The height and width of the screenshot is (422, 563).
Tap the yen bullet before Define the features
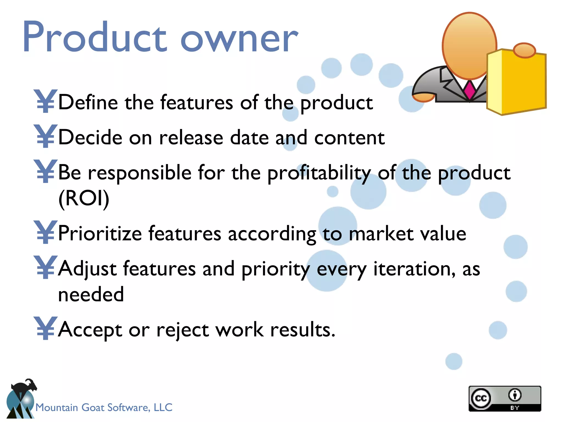(x=45, y=101)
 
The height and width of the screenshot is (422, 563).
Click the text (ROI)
(x=84, y=198)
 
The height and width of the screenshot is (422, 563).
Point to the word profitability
(x=319, y=173)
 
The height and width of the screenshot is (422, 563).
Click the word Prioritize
(x=100, y=234)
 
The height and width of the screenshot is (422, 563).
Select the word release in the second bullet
(x=191, y=137)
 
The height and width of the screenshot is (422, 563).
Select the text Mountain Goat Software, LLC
(x=104, y=407)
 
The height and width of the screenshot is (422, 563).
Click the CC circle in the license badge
(x=481, y=398)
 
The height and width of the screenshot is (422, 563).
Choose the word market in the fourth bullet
(x=381, y=234)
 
